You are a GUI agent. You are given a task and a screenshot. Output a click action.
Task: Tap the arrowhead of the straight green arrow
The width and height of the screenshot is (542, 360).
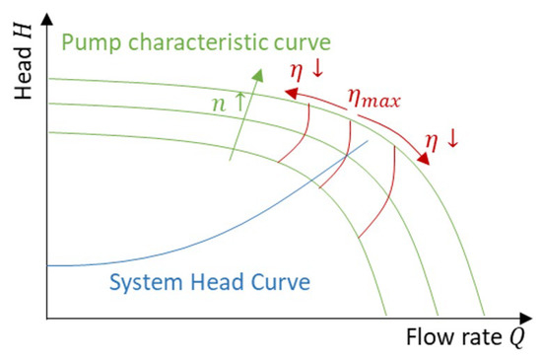(258, 71)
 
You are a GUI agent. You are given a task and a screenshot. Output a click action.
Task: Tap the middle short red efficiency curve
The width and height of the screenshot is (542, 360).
(340, 153)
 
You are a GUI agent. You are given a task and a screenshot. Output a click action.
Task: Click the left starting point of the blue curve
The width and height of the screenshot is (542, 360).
(48, 265)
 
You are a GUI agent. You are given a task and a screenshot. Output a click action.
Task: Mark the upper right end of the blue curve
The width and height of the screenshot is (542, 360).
(368, 140)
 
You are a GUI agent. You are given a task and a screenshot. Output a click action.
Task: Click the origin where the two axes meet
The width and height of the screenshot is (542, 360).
(47, 318)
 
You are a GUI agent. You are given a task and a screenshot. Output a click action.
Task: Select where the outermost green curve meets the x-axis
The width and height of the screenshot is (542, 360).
(485, 316)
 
